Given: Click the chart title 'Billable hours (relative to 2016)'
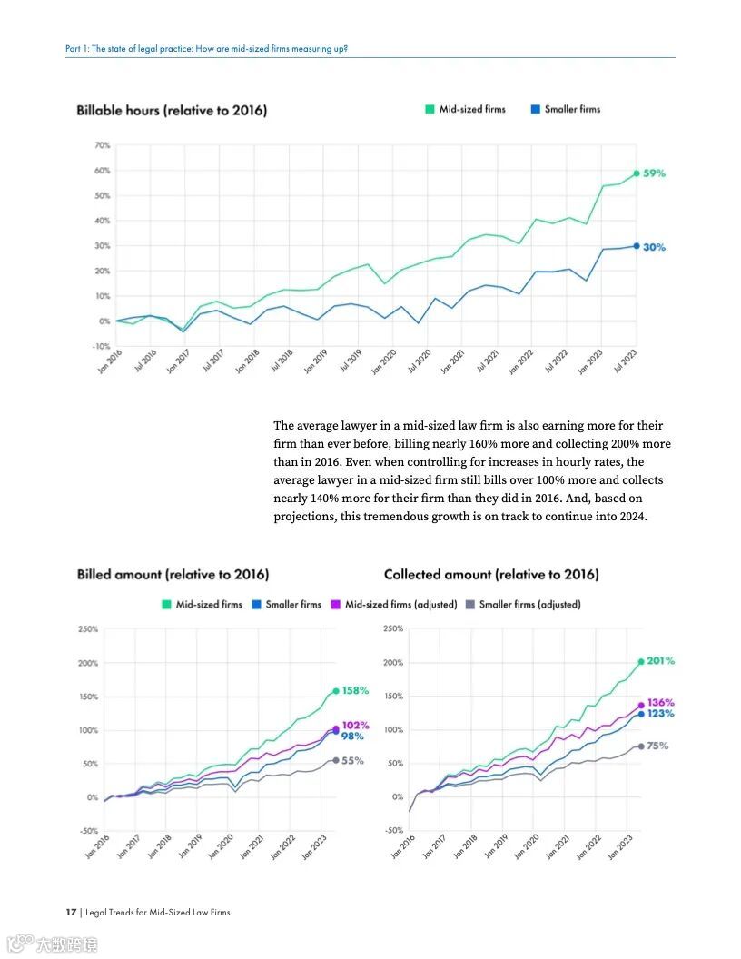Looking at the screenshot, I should (x=172, y=111).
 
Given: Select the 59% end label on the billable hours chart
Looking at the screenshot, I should (x=655, y=173).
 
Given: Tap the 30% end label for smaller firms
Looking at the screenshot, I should (x=655, y=247).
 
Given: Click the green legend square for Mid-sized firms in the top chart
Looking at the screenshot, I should (x=430, y=110).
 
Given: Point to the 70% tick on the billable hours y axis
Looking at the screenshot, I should (x=102, y=145).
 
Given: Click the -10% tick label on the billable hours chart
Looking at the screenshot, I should (x=101, y=347).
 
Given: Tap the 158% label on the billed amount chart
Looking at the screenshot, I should (x=356, y=691).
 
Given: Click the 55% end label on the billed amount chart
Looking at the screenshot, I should (x=353, y=761).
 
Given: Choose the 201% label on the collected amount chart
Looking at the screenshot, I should (x=661, y=661).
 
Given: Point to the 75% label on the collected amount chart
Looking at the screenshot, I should (x=657, y=746).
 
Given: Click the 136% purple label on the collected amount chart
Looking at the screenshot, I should (x=661, y=703).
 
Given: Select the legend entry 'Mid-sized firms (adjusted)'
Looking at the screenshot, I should (x=400, y=605).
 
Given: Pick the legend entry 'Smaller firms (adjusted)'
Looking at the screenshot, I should (x=529, y=605).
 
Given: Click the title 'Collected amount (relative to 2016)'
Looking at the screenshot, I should (x=491, y=575).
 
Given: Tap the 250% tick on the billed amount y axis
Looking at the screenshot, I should (x=88, y=629).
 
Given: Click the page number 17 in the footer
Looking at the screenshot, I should (x=70, y=912).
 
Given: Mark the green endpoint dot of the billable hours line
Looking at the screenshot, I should (x=637, y=173).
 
